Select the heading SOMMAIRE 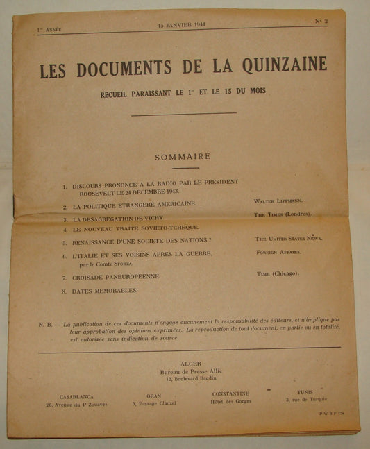183,157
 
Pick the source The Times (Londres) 283,214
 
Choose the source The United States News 289,238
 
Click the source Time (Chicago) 278,273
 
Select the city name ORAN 154,396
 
